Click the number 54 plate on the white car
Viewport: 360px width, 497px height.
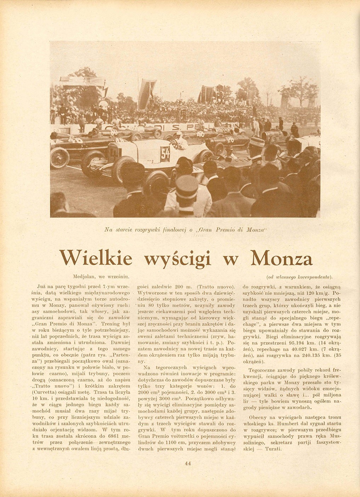[x=165, y=154]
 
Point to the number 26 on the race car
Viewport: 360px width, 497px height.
[x=230, y=139]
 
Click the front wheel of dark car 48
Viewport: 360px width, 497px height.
[x=60, y=158]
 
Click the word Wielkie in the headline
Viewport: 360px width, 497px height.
[x=96, y=258]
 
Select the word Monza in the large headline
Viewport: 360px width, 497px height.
[x=281, y=258]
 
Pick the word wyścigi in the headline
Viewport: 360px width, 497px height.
[x=178, y=258]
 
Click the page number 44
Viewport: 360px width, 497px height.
[x=188, y=463]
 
